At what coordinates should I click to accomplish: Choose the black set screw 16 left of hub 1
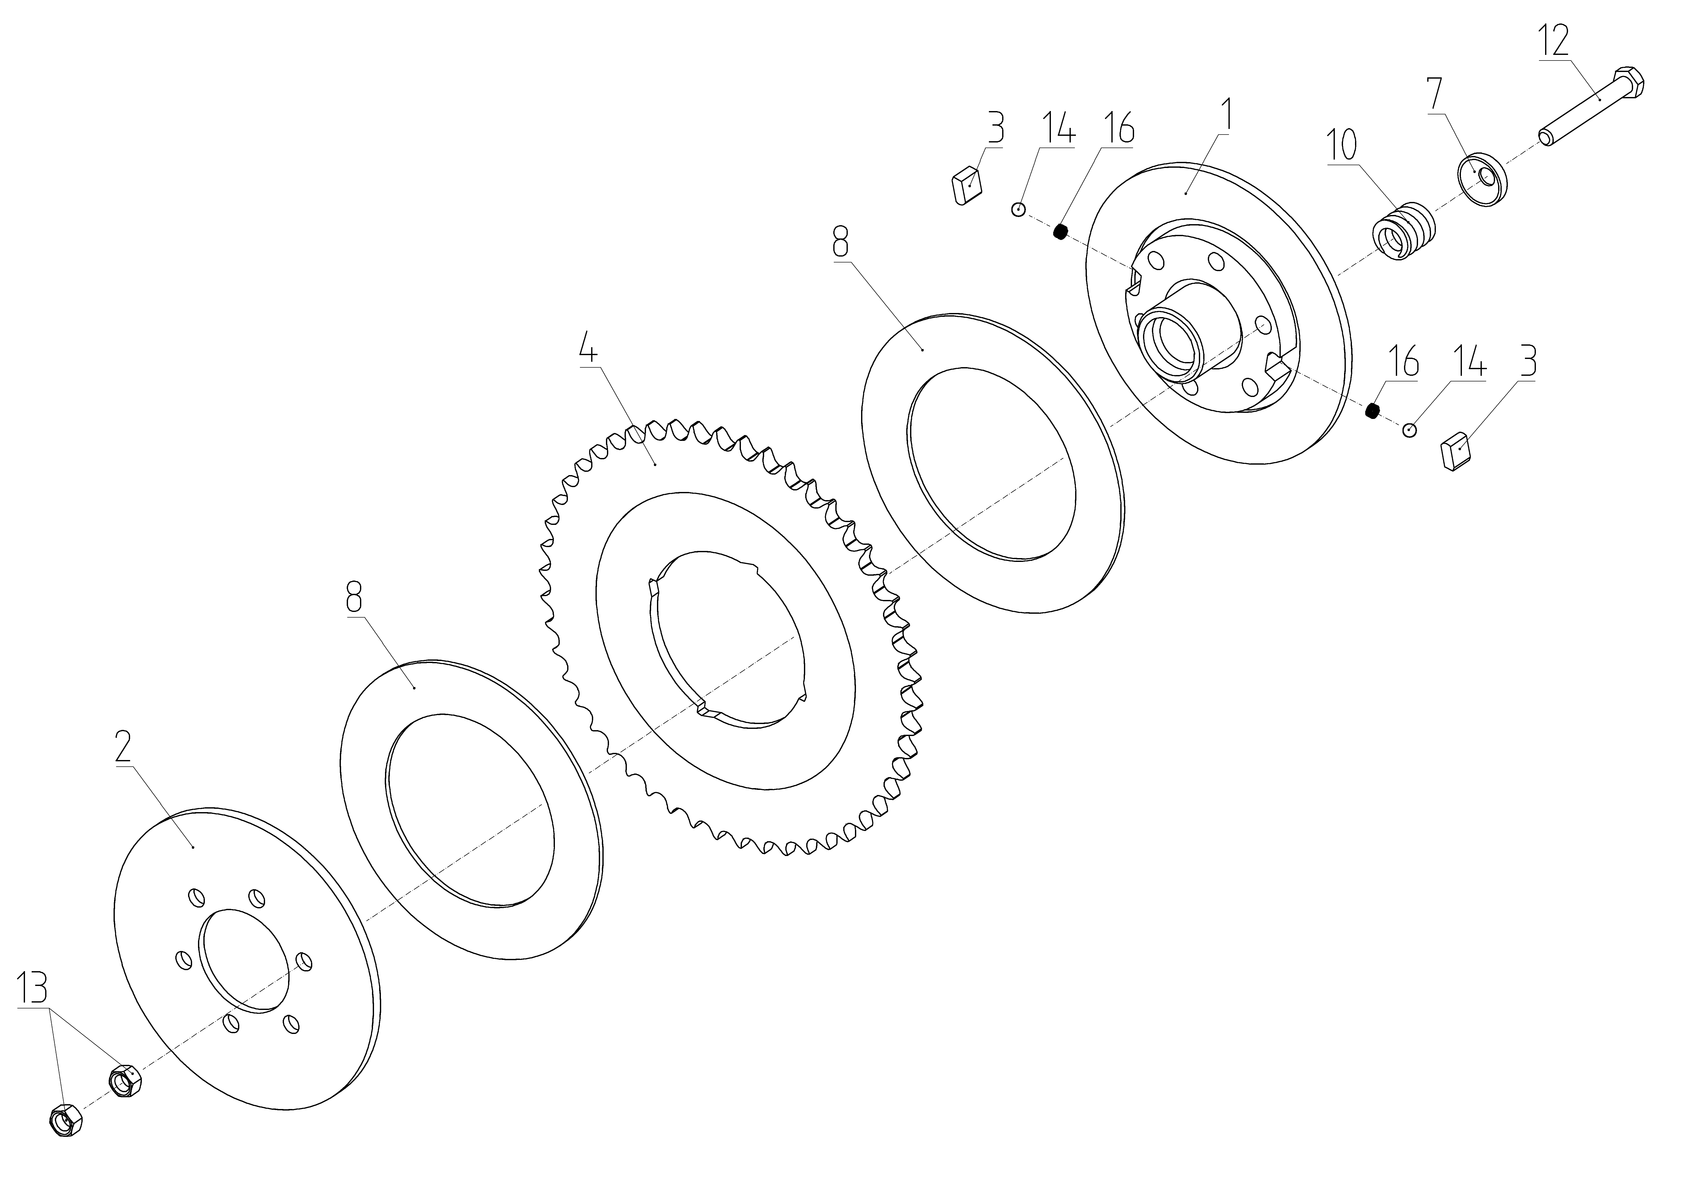tap(1060, 232)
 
